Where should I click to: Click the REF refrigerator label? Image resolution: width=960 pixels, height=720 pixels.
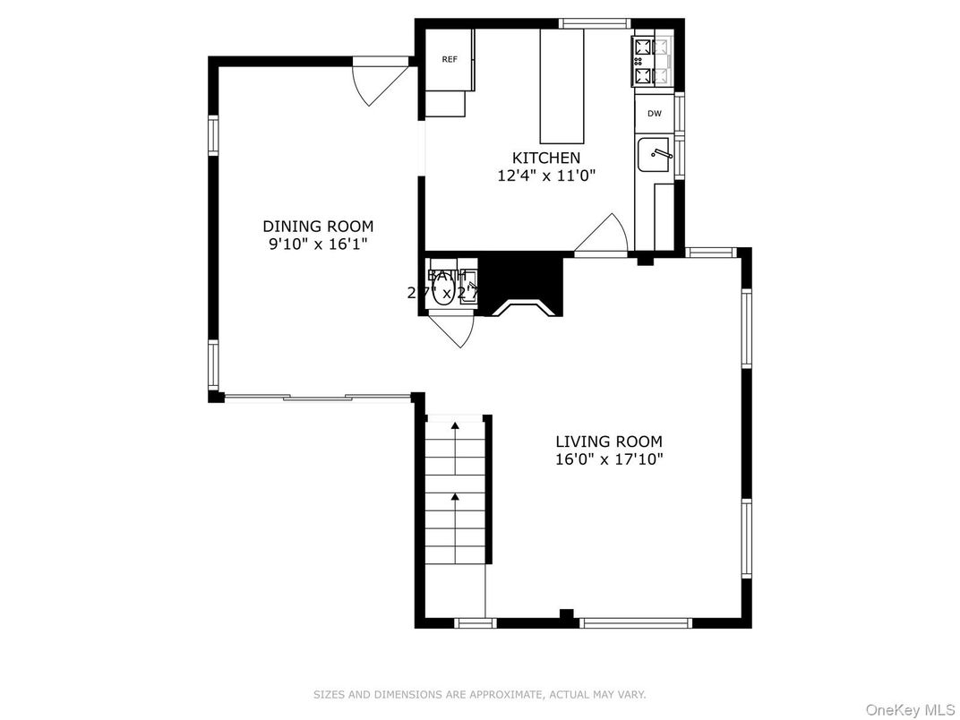tap(450, 59)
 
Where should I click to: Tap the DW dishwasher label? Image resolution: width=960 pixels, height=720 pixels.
tap(654, 113)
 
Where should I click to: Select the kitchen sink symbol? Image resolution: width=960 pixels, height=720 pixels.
tap(654, 155)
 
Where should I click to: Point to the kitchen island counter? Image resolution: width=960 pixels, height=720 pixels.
tap(561, 86)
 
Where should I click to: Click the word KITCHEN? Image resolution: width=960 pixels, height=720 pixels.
tap(546, 159)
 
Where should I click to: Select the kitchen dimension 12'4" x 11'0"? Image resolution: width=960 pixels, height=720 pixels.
tap(546, 176)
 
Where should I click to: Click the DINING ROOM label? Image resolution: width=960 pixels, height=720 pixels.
tap(318, 227)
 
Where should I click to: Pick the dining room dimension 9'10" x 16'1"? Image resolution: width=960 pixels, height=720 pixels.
tap(318, 244)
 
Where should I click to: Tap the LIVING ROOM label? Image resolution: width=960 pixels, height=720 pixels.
tap(609, 441)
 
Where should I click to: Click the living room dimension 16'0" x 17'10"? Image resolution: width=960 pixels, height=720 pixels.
tap(609, 459)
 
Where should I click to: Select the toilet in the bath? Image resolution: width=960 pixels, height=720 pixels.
tap(442, 291)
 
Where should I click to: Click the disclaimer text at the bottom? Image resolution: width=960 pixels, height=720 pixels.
tap(479, 694)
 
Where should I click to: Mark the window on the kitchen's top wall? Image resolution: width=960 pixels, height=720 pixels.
tap(595, 22)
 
